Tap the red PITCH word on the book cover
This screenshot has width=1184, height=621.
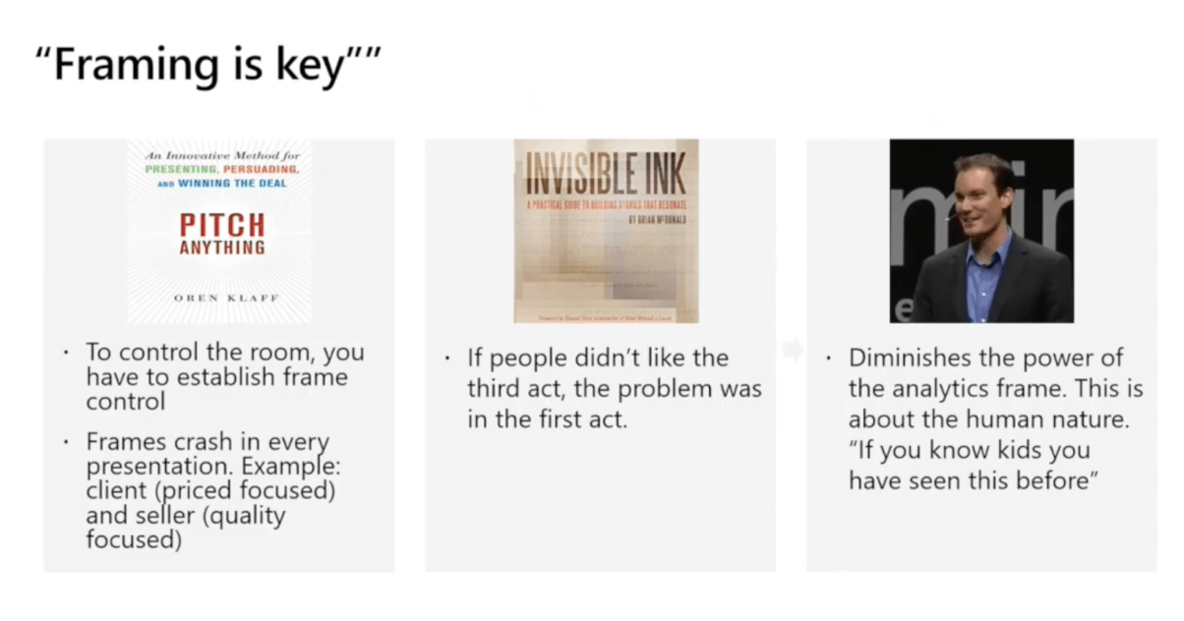click(x=221, y=225)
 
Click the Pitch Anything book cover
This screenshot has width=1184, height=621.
click(x=221, y=231)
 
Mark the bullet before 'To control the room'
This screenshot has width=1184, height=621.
click(x=66, y=352)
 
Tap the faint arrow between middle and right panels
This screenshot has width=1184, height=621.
click(x=792, y=349)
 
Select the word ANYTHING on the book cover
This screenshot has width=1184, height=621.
click(x=221, y=249)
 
